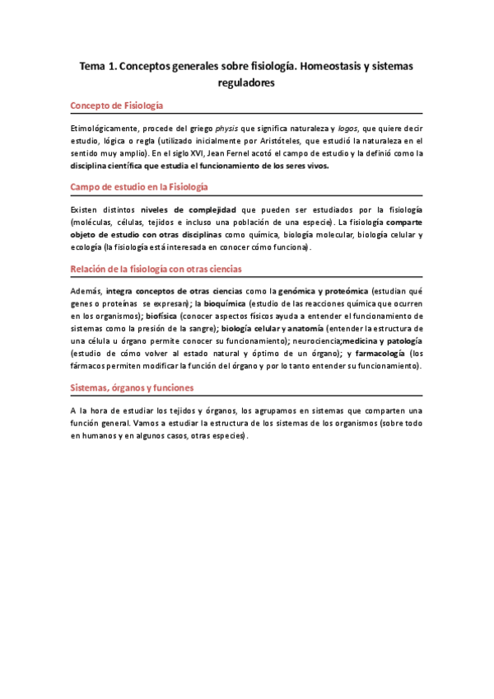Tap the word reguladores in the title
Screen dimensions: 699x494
pos(246,83)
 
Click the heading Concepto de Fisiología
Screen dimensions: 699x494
pos(117,106)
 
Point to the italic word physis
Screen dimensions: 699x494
pos(229,129)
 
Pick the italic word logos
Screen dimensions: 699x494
pos(349,129)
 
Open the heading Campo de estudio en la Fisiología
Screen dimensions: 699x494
pos(139,188)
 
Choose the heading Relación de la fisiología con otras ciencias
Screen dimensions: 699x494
pos(156,270)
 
